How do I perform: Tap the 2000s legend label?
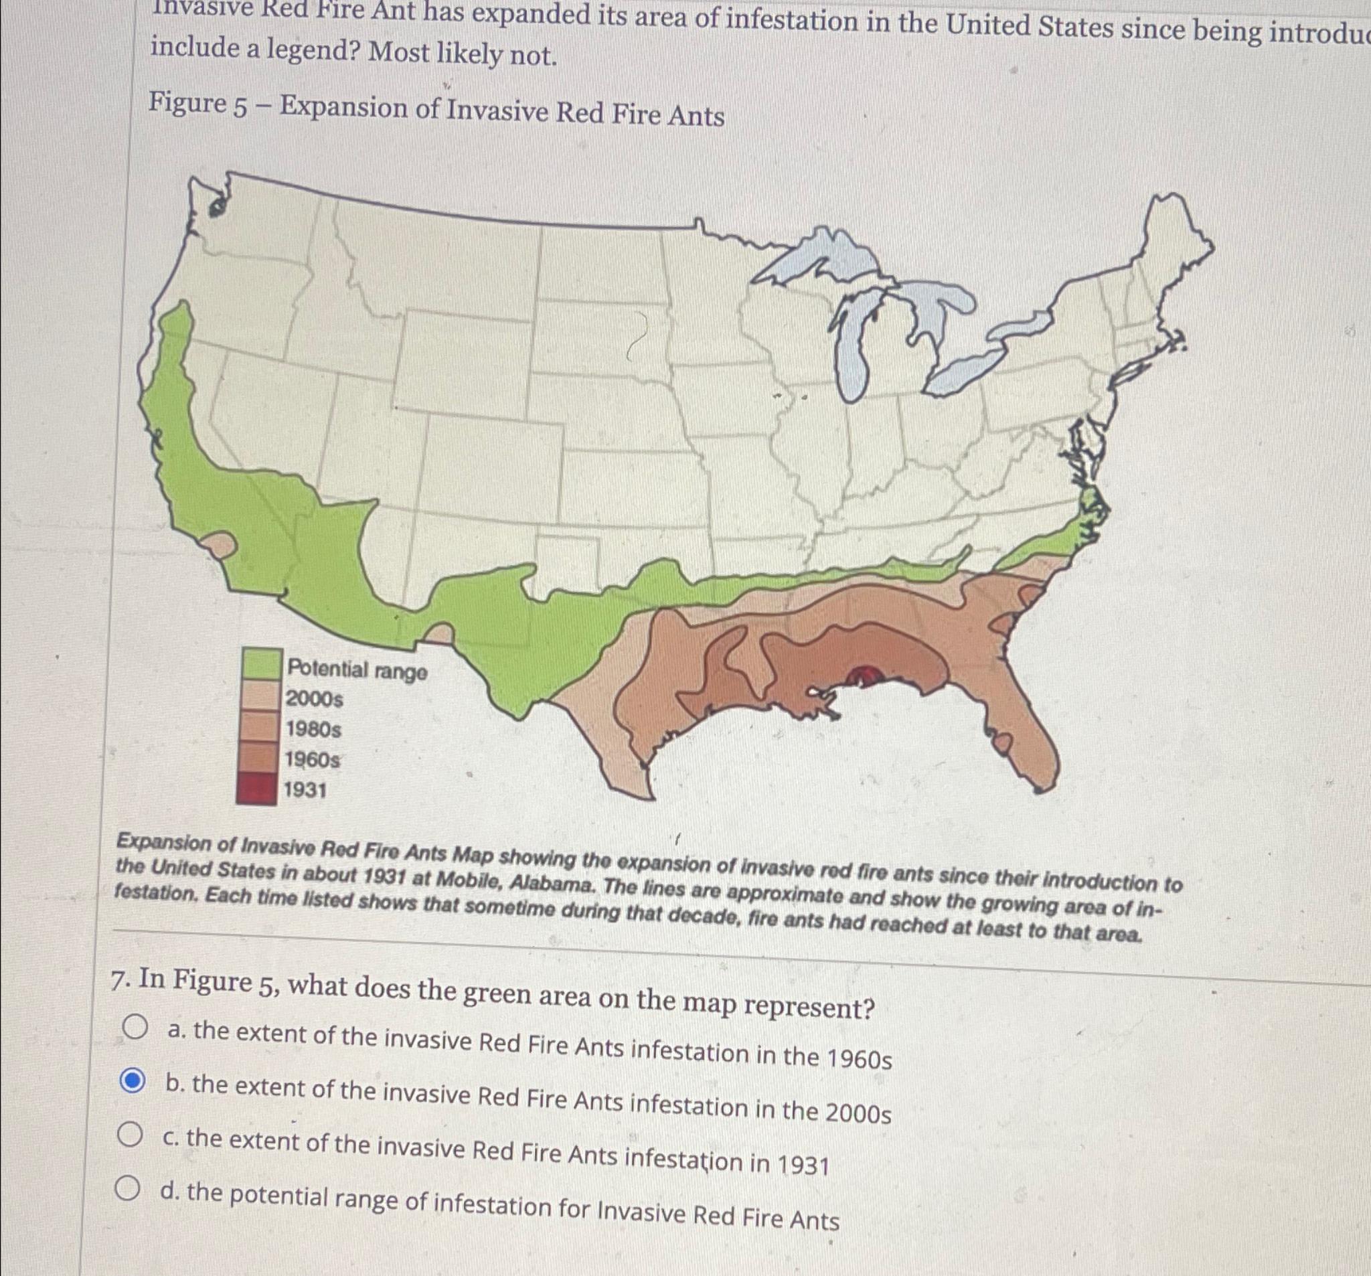pos(315,700)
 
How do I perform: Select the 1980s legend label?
pos(314,729)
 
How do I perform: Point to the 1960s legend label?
pos(313,759)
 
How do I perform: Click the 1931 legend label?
pos(305,790)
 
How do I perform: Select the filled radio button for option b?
pos(132,1081)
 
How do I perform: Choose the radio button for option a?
pos(135,1028)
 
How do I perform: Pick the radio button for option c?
pos(129,1134)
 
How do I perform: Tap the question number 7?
pos(120,979)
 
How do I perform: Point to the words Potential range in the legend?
pos(357,669)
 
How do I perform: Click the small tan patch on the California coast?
pos(220,544)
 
